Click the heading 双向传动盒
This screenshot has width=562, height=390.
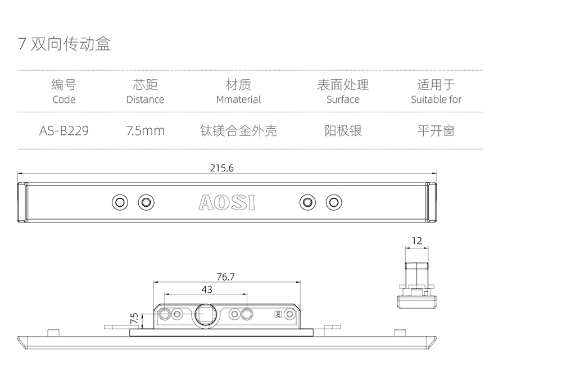point(71,44)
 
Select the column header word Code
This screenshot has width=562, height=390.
point(64,99)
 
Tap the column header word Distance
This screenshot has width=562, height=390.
point(145,99)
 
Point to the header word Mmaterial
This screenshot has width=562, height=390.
point(238,99)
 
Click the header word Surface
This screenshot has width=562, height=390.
point(343,99)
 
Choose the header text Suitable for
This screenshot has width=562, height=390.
point(436,99)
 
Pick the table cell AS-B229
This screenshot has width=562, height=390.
point(64,131)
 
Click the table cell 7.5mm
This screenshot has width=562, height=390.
point(145,131)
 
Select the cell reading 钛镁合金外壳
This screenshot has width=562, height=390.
point(238,131)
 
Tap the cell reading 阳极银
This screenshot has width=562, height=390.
point(343,131)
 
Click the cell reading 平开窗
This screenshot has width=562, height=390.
point(436,131)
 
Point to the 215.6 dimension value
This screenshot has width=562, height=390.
point(221,167)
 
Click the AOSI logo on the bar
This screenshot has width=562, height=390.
point(226,202)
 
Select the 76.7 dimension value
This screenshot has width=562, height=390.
point(225,276)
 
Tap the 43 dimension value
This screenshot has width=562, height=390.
point(206,289)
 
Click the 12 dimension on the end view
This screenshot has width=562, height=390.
point(416,241)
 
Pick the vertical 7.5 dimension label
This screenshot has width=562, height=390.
point(134,319)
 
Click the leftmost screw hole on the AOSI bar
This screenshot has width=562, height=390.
point(120,202)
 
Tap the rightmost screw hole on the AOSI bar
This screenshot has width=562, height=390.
point(334,202)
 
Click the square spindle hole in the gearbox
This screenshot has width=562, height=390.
point(205,315)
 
